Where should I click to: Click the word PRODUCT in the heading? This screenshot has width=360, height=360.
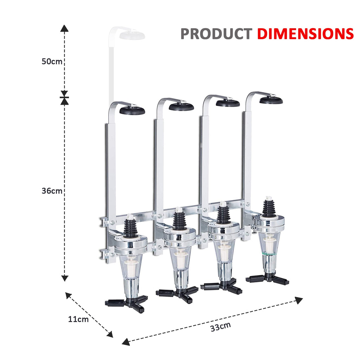pyautogui.click(x=216, y=34)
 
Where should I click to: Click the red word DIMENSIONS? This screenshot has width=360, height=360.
pyautogui.click(x=305, y=34)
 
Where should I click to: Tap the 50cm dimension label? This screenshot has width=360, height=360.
pyautogui.click(x=52, y=62)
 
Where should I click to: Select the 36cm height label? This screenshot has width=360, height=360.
pyautogui.click(x=52, y=191)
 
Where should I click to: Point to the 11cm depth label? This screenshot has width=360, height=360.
pyautogui.click(x=78, y=319)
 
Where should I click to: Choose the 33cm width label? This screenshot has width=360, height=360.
pyautogui.click(x=221, y=326)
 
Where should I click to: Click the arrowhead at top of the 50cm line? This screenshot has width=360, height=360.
pyautogui.click(x=64, y=28)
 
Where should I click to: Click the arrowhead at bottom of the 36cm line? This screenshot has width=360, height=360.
pyautogui.click(x=64, y=278)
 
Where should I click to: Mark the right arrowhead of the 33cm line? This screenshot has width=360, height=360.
pyautogui.click(x=299, y=300)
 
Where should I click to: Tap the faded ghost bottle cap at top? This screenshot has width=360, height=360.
pyautogui.click(x=132, y=35)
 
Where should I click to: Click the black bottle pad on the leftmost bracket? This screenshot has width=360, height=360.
pyautogui.click(x=132, y=110)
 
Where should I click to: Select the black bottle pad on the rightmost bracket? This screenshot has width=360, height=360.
pyautogui.click(x=271, y=100)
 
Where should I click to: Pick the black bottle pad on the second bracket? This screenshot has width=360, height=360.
pyautogui.click(x=181, y=107)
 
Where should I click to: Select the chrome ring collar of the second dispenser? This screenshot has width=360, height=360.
pyautogui.click(x=180, y=236)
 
